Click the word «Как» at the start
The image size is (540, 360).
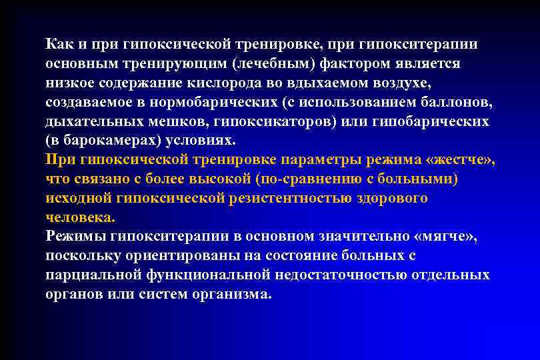[59, 45]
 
